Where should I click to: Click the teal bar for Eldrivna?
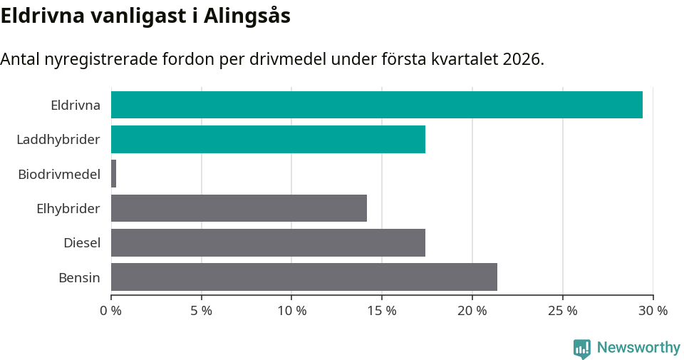point(376,105)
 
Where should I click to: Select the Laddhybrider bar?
point(268,139)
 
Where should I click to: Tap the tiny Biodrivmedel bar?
point(113,174)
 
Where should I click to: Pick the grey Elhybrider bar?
point(239,208)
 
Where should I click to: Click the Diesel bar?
point(268,242)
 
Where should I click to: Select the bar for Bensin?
point(304,277)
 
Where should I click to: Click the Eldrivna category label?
point(76,106)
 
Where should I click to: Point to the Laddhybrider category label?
point(58,140)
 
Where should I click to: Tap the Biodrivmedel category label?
point(59,174)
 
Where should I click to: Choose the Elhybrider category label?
point(68,209)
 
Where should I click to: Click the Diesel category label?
point(82,243)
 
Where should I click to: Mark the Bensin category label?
point(79,277)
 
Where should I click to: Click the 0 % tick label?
point(111,311)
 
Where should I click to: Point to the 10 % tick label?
point(291,311)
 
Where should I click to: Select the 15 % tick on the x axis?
point(382,311)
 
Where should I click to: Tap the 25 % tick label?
point(562,311)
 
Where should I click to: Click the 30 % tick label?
point(653,311)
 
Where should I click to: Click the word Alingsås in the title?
point(247,16)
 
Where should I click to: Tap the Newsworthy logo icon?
point(582,348)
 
